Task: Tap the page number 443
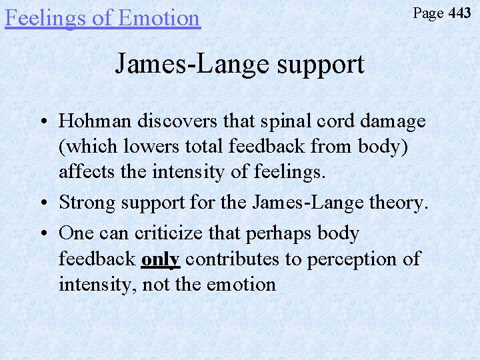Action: click(x=459, y=13)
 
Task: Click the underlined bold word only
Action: click(x=161, y=259)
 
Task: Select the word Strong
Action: click(x=89, y=203)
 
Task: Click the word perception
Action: click(x=347, y=259)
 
